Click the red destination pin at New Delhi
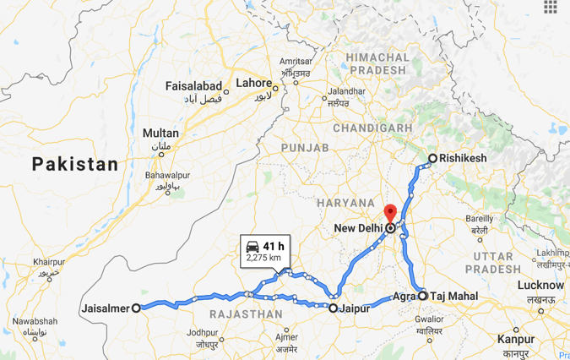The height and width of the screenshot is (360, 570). (x=389, y=212)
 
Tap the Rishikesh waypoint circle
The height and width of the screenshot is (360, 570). (x=432, y=158)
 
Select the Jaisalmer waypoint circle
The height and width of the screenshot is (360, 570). (x=136, y=308)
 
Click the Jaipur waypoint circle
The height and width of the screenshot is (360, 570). (x=334, y=308)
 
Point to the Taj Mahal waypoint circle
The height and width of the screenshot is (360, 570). (x=422, y=297)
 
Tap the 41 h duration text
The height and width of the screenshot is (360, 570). (x=273, y=246)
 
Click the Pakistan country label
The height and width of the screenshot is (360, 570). (x=75, y=165)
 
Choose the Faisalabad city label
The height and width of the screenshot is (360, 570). (x=193, y=87)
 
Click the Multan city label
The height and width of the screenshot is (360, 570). (x=160, y=134)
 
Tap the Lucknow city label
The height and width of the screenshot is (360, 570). (x=540, y=285)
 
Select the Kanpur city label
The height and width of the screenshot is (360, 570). (x=516, y=338)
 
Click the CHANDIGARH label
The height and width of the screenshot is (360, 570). (x=372, y=128)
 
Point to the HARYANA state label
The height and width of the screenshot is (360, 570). (x=345, y=203)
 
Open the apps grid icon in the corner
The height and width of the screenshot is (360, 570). (x=551, y=7)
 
